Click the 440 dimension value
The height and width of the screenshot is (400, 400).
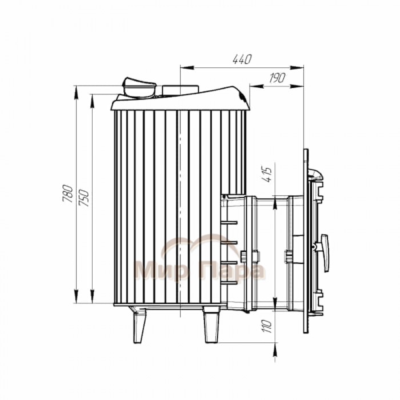(242, 59)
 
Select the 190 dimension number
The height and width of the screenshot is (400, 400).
(277, 78)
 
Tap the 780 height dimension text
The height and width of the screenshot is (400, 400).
(68, 193)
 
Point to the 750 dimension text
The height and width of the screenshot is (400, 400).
(84, 198)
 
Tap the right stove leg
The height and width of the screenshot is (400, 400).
(211, 325)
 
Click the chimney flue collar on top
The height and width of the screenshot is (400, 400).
(139, 88)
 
